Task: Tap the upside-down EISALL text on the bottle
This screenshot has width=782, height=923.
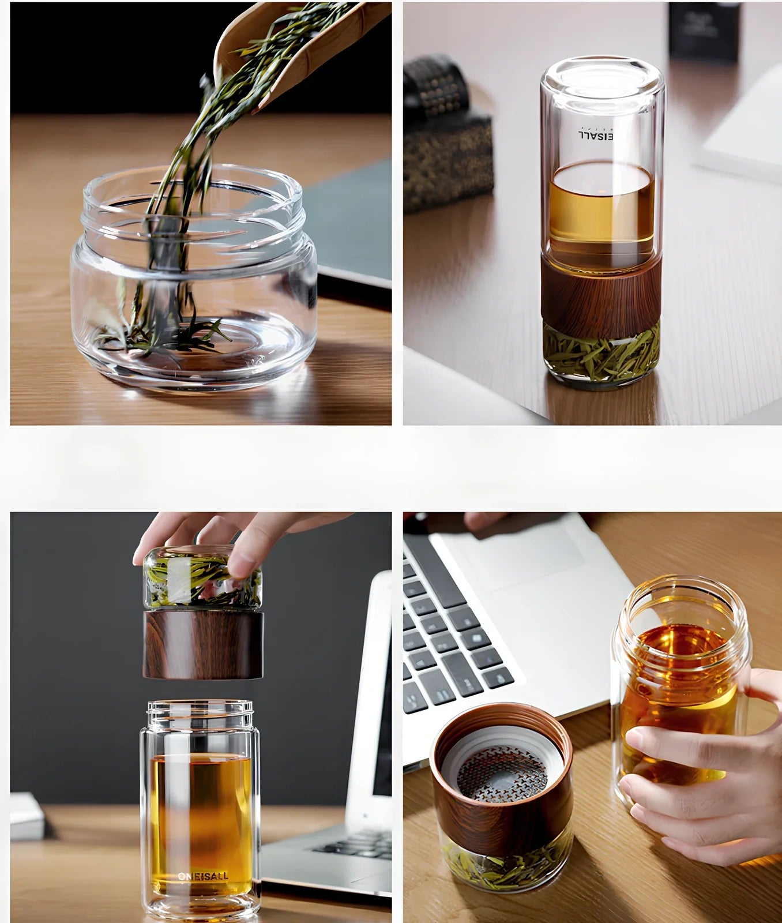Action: pyautogui.click(x=595, y=134)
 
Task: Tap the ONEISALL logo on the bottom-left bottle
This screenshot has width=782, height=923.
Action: pyautogui.click(x=202, y=876)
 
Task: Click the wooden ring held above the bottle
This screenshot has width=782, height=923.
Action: pyautogui.click(x=203, y=645)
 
